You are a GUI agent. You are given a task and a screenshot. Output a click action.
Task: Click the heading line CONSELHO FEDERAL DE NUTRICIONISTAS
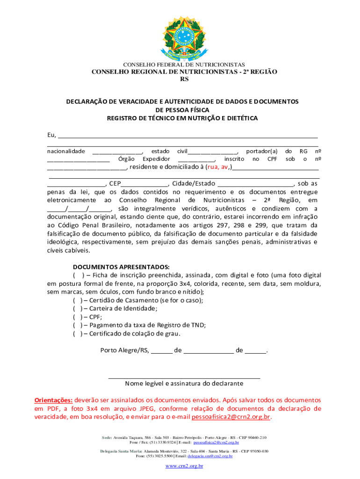pyautogui.click(x=184, y=64)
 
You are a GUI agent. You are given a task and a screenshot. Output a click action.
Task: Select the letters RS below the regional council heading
pyautogui.click(x=184, y=80)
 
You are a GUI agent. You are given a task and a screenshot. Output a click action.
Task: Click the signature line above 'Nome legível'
pyautogui.click(x=184, y=377)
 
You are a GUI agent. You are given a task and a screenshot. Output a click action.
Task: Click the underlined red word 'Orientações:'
pyautogui.click(x=53, y=400)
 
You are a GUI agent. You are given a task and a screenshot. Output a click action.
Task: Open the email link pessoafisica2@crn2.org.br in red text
pyautogui.click(x=231, y=417)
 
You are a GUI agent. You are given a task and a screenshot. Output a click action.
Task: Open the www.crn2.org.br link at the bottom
pyautogui.click(x=184, y=466)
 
